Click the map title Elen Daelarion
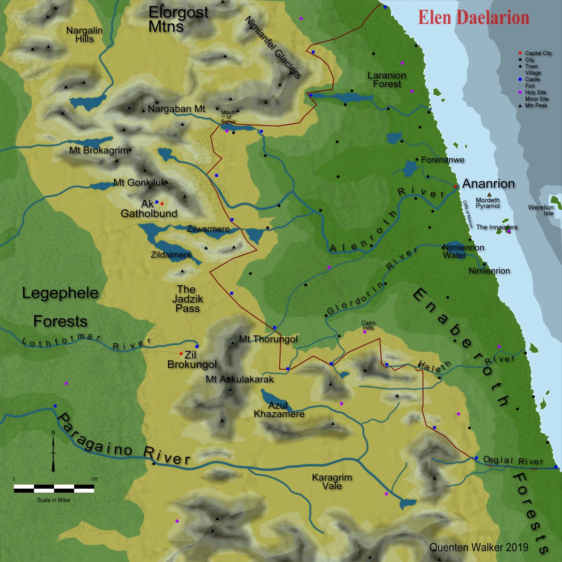coord(473,18)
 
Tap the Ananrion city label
coord(488,184)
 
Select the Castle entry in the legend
coord(532,79)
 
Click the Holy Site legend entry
coord(535,93)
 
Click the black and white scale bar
coord(54,488)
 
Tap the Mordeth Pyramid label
coord(487,203)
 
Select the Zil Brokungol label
coord(192,360)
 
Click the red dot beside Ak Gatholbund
coord(162,204)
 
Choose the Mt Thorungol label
coord(268,339)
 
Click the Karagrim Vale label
coord(332,481)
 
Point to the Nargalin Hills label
coord(84,35)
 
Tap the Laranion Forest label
coord(387,79)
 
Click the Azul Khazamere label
coord(279,410)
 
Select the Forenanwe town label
coord(443,160)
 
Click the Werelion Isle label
coord(541,210)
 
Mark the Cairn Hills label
coord(368,325)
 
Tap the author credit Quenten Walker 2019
coord(479,547)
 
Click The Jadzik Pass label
coord(187,299)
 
